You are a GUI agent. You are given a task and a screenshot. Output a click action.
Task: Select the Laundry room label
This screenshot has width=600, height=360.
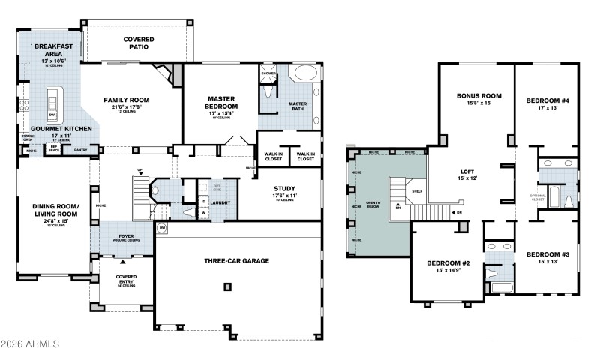click(220, 202)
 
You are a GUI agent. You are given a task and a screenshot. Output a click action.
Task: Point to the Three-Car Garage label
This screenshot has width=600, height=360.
click(237, 261)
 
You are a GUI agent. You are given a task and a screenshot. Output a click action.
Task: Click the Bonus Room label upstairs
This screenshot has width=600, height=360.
click(478, 96)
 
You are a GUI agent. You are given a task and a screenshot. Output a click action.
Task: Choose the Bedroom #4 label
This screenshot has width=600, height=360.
click(547, 100)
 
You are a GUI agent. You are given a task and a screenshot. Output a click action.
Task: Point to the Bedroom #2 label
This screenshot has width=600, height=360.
click(448, 263)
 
